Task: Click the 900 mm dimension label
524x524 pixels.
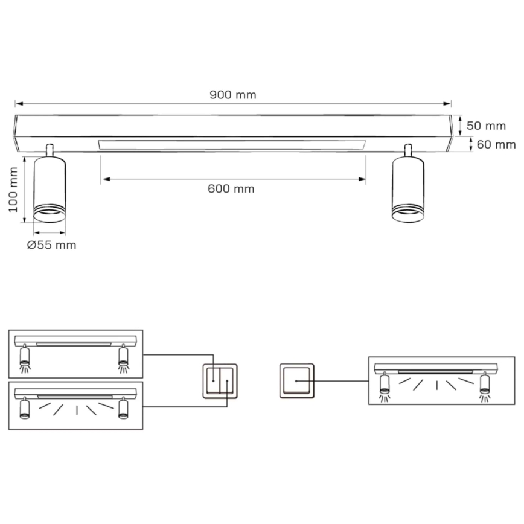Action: tap(232, 95)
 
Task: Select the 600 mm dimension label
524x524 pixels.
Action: tap(231, 189)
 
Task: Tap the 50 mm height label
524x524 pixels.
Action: tap(486, 126)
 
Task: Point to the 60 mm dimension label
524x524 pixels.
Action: tap(496, 144)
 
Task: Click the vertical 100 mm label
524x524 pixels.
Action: tap(13, 190)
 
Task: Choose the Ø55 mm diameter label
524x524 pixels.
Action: tap(52, 245)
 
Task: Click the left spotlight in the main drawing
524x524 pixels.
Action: tap(50, 188)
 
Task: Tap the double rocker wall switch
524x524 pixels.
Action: tap(220, 380)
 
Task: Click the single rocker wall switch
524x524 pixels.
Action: tap(296, 380)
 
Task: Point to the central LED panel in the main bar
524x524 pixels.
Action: tap(232, 145)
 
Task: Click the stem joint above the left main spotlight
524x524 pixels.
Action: tap(50, 149)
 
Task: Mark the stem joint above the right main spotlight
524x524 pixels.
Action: tap(409, 149)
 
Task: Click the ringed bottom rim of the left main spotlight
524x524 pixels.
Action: tap(50, 214)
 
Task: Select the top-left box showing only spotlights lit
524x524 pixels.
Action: tap(75, 354)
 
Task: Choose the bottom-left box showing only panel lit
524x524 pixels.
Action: tap(75, 405)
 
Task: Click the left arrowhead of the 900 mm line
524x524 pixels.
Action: tap(18, 104)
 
